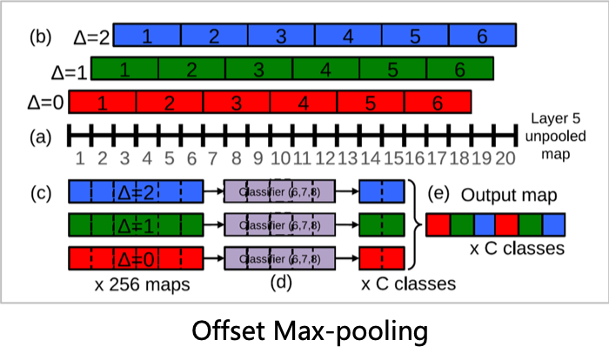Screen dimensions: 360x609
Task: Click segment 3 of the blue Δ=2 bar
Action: click(x=281, y=36)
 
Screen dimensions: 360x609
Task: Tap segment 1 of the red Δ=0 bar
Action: click(x=103, y=103)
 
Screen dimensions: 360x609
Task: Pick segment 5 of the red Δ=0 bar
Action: click(x=371, y=103)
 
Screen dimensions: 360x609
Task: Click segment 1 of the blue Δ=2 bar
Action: click(x=147, y=36)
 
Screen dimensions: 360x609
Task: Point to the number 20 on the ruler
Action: click(x=505, y=159)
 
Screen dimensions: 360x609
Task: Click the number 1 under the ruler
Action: click(x=79, y=159)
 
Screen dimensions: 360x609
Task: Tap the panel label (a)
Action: click(x=40, y=137)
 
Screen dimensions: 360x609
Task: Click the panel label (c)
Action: click(x=40, y=191)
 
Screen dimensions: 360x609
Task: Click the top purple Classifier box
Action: click(x=278, y=191)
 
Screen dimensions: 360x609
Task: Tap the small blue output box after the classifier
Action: click(x=381, y=191)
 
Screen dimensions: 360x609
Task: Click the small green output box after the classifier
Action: click(x=381, y=224)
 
